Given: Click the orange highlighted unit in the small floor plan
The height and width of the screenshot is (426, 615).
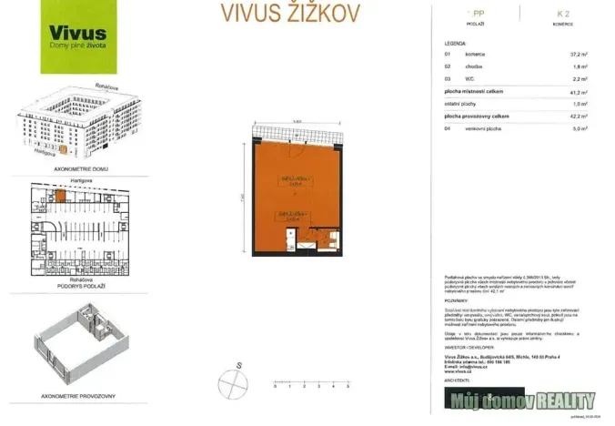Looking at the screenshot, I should point(59,194).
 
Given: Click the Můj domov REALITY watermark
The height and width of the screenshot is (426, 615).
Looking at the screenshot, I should point(524,398).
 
